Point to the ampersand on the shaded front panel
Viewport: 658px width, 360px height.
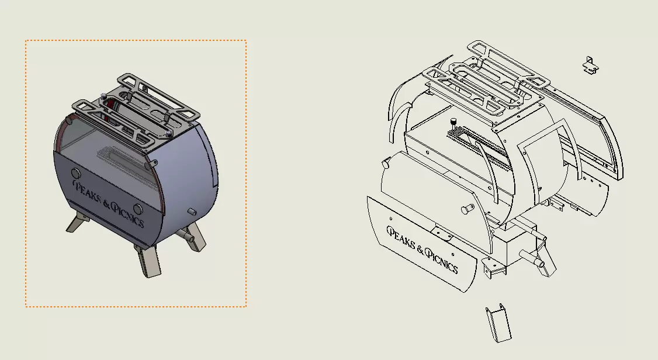(106, 205)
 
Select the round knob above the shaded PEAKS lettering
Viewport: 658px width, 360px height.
(76, 174)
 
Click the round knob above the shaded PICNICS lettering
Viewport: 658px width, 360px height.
(138, 209)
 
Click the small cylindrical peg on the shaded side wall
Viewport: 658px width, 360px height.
(192, 212)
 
